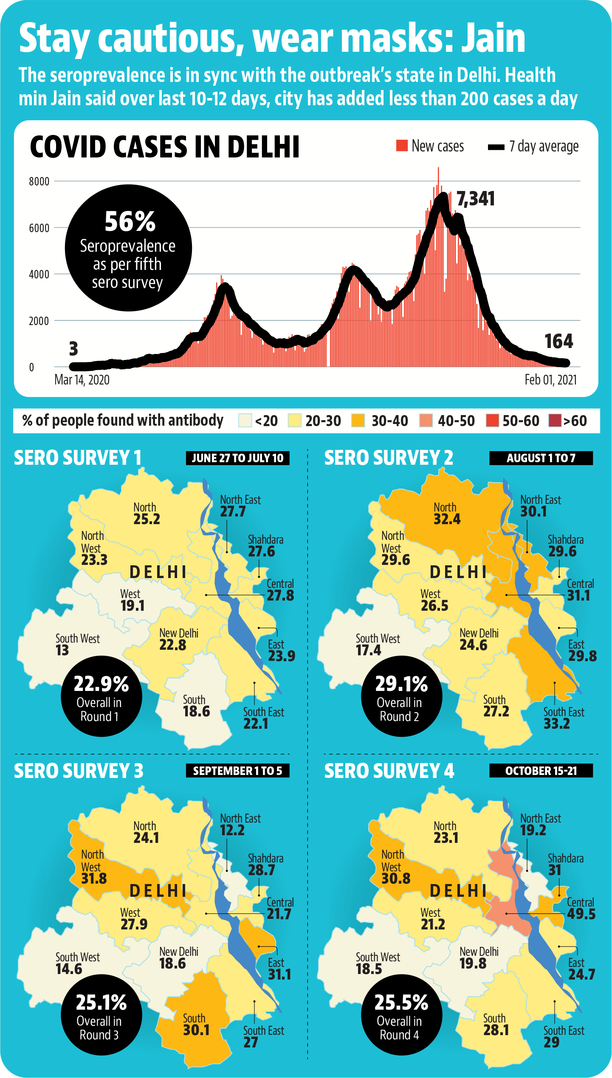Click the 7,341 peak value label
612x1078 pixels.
(476, 199)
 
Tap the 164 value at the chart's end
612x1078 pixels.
(558, 341)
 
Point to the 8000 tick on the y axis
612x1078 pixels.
(39, 182)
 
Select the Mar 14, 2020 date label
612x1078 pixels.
(82, 379)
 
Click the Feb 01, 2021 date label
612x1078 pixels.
(551, 379)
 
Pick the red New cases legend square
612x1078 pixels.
(402, 145)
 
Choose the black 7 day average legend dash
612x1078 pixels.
(496, 147)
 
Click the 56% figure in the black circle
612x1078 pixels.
(130, 222)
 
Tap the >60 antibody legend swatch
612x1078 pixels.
(555, 421)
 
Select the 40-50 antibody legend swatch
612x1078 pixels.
(426, 421)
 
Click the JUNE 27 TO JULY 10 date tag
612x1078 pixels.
(237, 458)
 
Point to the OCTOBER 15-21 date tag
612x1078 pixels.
(541, 771)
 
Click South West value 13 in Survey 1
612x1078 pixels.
(62, 650)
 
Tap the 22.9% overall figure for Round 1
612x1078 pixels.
(101, 684)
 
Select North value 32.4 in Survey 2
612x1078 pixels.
(447, 519)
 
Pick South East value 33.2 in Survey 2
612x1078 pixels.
(557, 724)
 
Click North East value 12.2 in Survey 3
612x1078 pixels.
(232, 830)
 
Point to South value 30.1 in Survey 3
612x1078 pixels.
(196, 1030)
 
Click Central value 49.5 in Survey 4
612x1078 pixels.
(581, 914)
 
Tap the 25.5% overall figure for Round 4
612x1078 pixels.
(401, 1003)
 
